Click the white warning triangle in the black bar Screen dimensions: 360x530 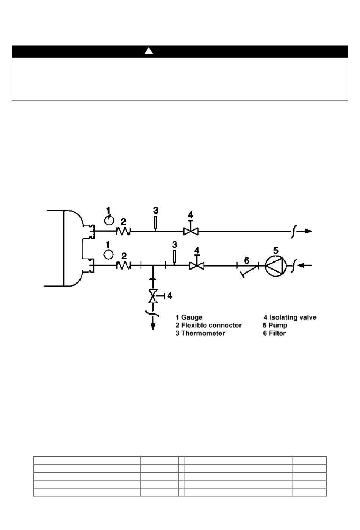click(x=149, y=51)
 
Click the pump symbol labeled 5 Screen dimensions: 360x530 click(x=275, y=266)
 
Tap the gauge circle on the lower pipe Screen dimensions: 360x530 click(x=109, y=255)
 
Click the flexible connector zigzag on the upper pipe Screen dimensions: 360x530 click(x=123, y=231)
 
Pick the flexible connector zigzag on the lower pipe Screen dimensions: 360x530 click(x=123, y=265)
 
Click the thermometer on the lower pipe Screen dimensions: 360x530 click(x=174, y=257)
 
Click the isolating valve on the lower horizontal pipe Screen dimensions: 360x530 click(x=197, y=263)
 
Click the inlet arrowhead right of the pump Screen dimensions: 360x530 click(x=301, y=265)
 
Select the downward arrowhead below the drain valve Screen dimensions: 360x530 click(x=153, y=326)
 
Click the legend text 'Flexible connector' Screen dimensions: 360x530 click(x=211, y=325)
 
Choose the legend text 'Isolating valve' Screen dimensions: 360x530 click(x=293, y=318)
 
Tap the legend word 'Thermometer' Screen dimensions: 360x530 click(x=203, y=333)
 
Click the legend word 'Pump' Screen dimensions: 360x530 click(x=278, y=326)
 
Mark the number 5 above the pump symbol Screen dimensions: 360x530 click(x=276, y=250)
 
